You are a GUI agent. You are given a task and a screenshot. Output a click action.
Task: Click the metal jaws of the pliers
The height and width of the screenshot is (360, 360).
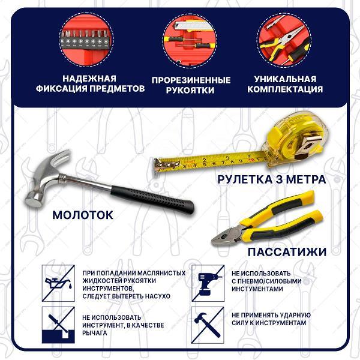227,235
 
